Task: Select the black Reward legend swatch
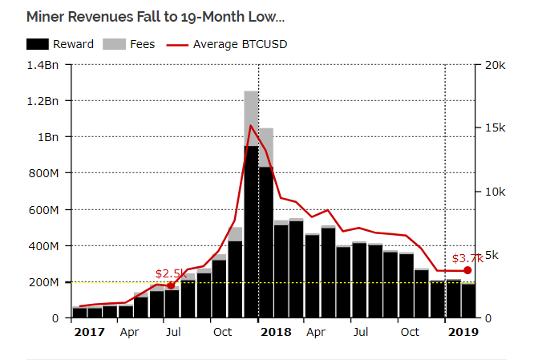(x=38, y=44)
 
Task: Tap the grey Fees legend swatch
(x=115, y=44)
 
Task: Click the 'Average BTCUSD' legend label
(x=240, y=44)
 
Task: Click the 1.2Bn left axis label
(x=42, y=101)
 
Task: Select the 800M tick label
(x=43, y=173)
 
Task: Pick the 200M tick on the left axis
(x=43, y=282)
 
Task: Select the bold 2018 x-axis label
(x=276, y=331)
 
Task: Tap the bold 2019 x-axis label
(x=463, y=331)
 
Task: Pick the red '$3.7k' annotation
(x=467, y=258)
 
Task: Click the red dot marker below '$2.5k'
(x=171, y=285)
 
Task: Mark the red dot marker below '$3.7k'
(x=467, y=270)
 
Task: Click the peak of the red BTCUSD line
(x=251, y=125)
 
